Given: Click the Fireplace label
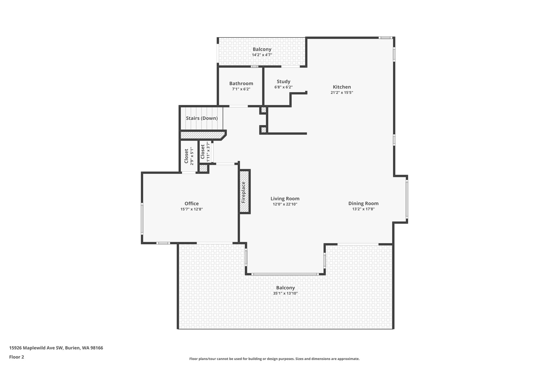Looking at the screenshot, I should click(x=243, y=192).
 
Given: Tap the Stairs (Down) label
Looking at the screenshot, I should click(x=202, y=118).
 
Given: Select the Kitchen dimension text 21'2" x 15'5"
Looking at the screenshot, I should click(x=342, y=93).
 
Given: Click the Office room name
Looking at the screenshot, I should click(x=191, y=204).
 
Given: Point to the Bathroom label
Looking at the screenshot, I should click(x=241, y=83).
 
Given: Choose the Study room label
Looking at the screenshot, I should click(x=283, y=82).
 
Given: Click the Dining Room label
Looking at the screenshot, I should click(x=363, y=204).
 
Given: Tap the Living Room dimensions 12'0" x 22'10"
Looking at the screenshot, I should click(x=285, y=204).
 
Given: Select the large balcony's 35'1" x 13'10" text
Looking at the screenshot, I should click(x=285, y=293).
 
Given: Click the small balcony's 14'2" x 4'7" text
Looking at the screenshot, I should click(x=262, y=55).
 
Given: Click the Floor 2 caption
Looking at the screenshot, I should click(x=17, y=357).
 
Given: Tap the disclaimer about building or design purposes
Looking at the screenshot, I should click(x=274, y=359).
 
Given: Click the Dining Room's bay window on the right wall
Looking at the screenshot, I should click(x=407, y=199).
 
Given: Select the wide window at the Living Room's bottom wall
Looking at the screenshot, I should click(x=285, y=274).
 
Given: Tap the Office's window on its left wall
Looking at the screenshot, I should click(x=142, y=219).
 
